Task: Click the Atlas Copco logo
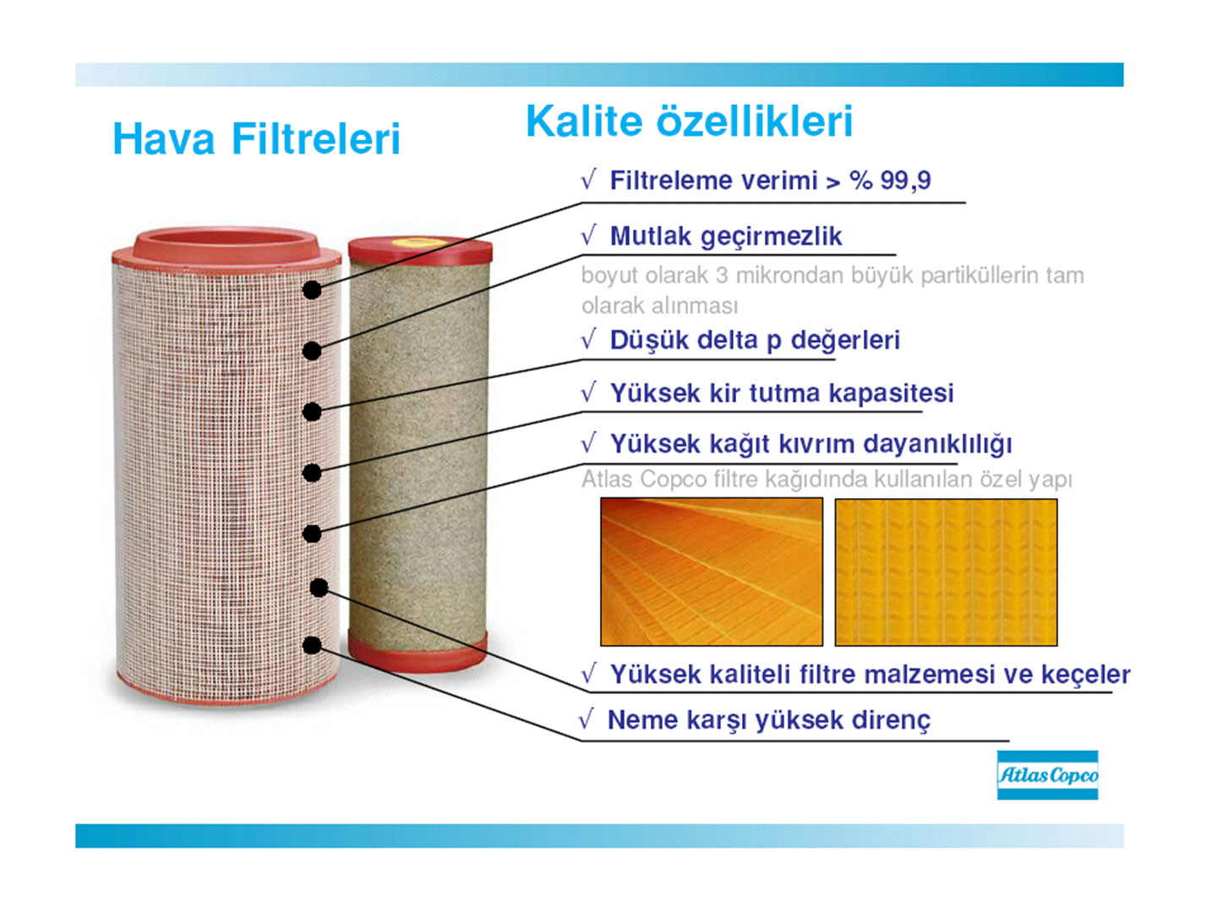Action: coord(1047,774)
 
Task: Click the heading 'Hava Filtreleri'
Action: coord(256,138)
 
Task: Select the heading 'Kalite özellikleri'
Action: coord(689,122)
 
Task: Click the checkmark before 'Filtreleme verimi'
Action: coord(588,180)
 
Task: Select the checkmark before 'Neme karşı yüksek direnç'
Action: coord(586,719)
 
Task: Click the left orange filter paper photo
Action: coord(712,572)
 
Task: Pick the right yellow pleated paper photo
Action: coord(946,572)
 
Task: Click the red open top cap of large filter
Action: coord(226,246)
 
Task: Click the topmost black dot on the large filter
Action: coord(312,290)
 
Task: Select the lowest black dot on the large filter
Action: coord(312,645)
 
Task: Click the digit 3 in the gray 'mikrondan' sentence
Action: coord(721,276)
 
